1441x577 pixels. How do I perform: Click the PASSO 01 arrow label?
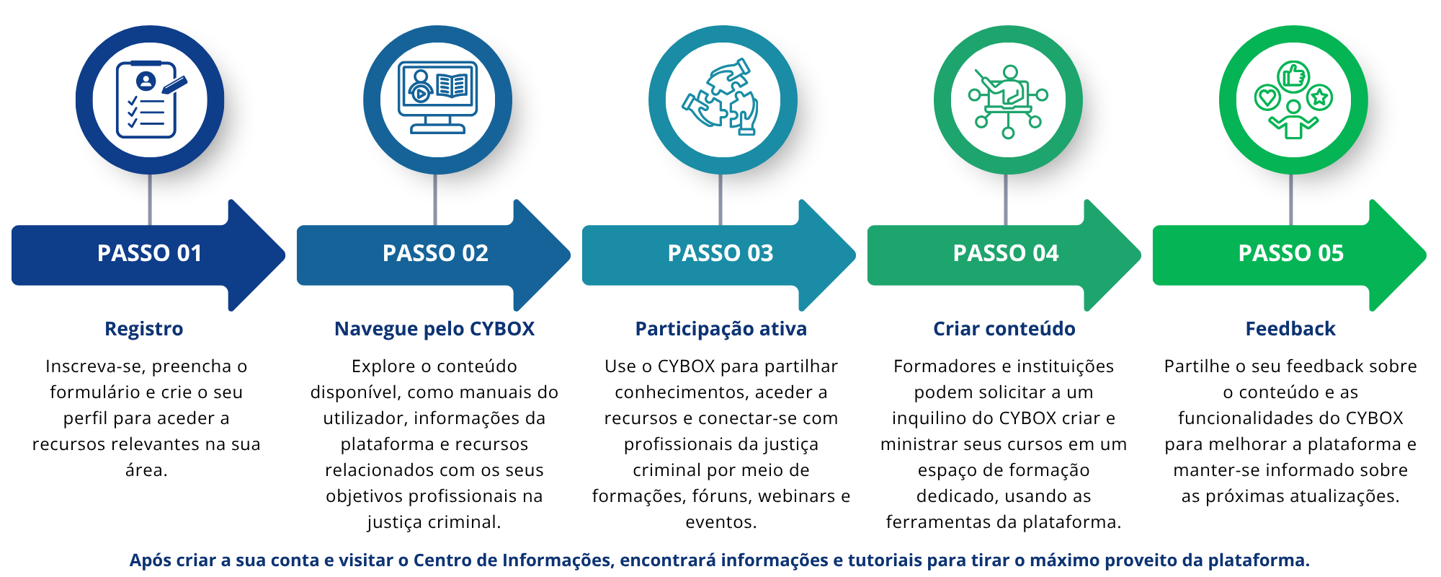pos(149,253)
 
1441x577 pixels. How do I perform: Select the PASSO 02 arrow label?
pos(435,253)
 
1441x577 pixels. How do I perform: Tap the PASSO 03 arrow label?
pos(720,253)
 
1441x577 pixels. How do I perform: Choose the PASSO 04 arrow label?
pos(1006,253)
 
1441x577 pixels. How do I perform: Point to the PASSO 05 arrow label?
pos(1291,253)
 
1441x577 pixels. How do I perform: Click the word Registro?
pos(144,329)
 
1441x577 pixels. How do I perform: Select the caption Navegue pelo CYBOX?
pos(434,329)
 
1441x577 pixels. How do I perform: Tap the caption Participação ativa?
pos(720,329)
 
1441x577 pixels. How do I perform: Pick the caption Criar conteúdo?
pos(1004,329)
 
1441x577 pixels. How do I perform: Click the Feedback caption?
pos(1290,329)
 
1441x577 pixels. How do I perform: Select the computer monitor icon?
pos(437,98)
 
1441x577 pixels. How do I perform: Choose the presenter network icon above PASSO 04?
pos(1008,100)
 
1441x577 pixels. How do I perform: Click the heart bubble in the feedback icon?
pos(1267,97)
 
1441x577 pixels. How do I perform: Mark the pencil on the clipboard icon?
pos(174,84)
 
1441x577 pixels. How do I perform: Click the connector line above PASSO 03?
pos(720,199)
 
